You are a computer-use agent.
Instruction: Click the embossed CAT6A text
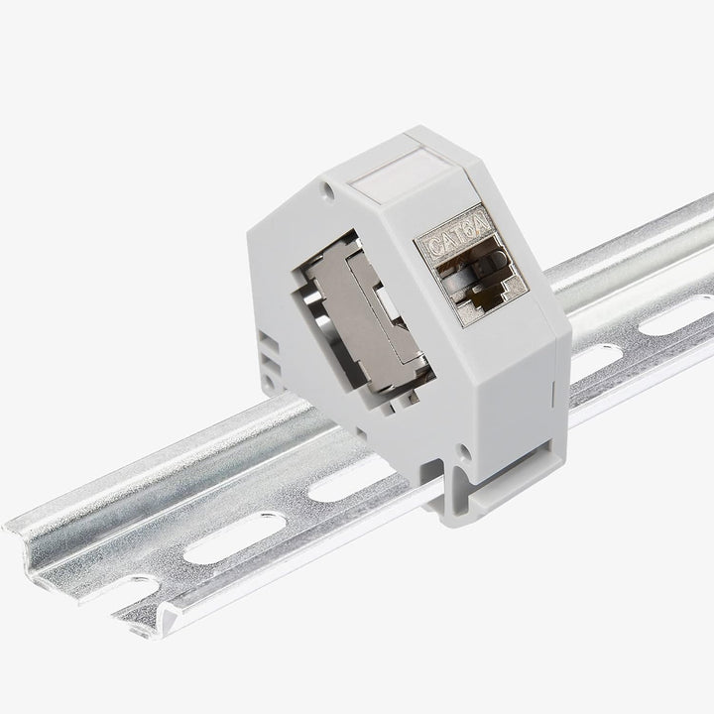pyautogui.click(x=458, y=238)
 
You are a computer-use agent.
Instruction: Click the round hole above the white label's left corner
pyautogui.click(x=328, y=191)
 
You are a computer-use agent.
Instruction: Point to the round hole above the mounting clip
pyautogui.click(x=465, y=452)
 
